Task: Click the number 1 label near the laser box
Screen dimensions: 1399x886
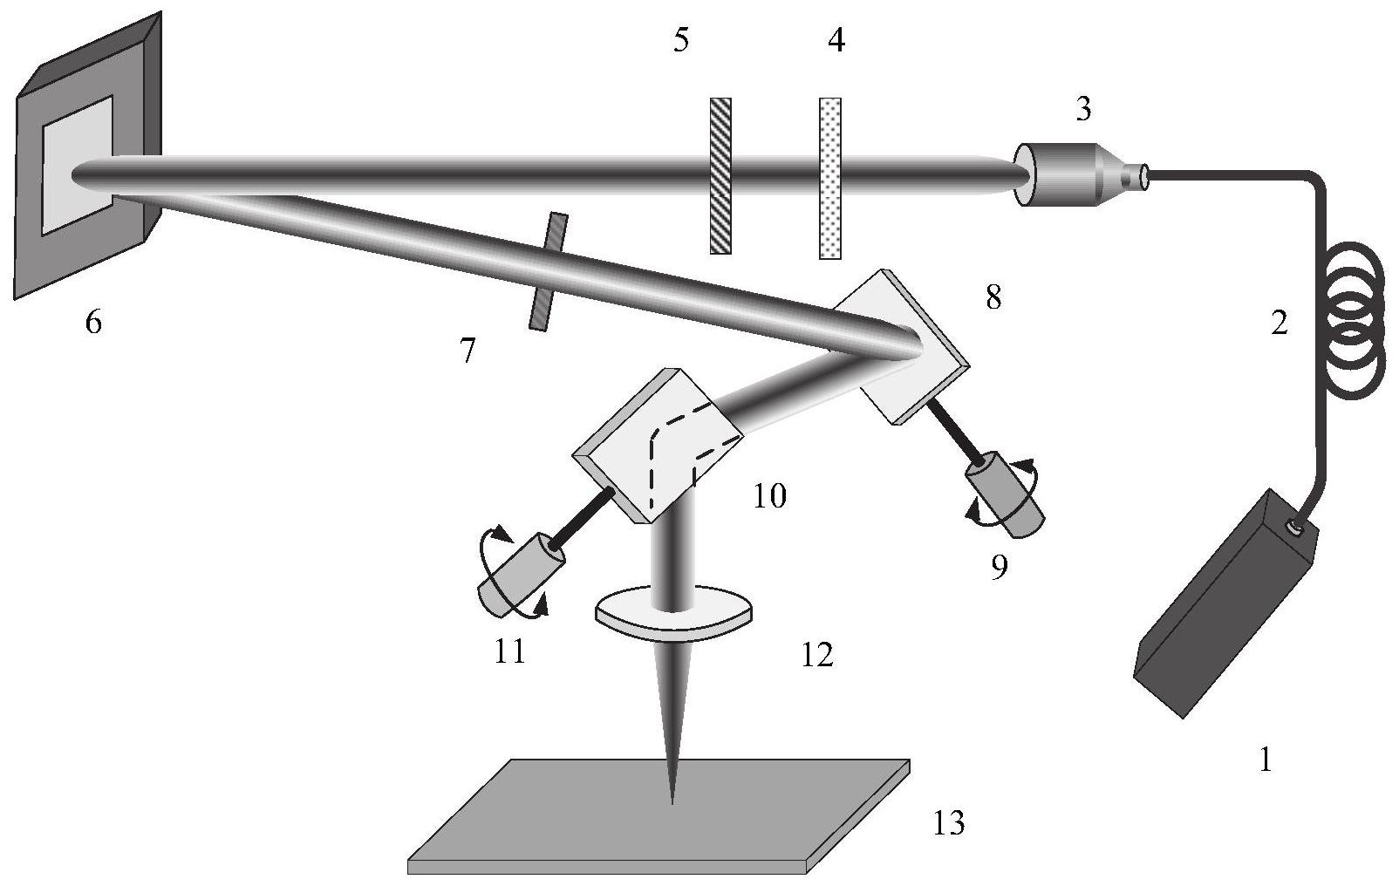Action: point(1266,760)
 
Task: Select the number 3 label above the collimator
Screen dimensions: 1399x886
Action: point(1083,109)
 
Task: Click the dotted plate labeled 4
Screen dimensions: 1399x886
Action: point(830,178)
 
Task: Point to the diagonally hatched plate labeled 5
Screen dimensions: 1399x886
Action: point(720,175)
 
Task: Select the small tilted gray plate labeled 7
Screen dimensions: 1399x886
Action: point(549,271)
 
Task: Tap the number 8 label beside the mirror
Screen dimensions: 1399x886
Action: point(993,297)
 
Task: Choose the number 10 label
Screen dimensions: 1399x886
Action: point(769,496)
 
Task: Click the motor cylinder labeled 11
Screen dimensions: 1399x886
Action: point(521,575)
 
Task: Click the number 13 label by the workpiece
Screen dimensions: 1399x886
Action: point(949,822)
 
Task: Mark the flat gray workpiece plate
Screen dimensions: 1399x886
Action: point(659,814)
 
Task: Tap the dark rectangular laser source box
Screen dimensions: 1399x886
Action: point(1225,603)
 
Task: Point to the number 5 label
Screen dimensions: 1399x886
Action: point(681,39)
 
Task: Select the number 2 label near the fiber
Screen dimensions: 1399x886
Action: point(1280,323)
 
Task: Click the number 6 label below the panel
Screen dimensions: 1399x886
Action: point(93,322)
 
